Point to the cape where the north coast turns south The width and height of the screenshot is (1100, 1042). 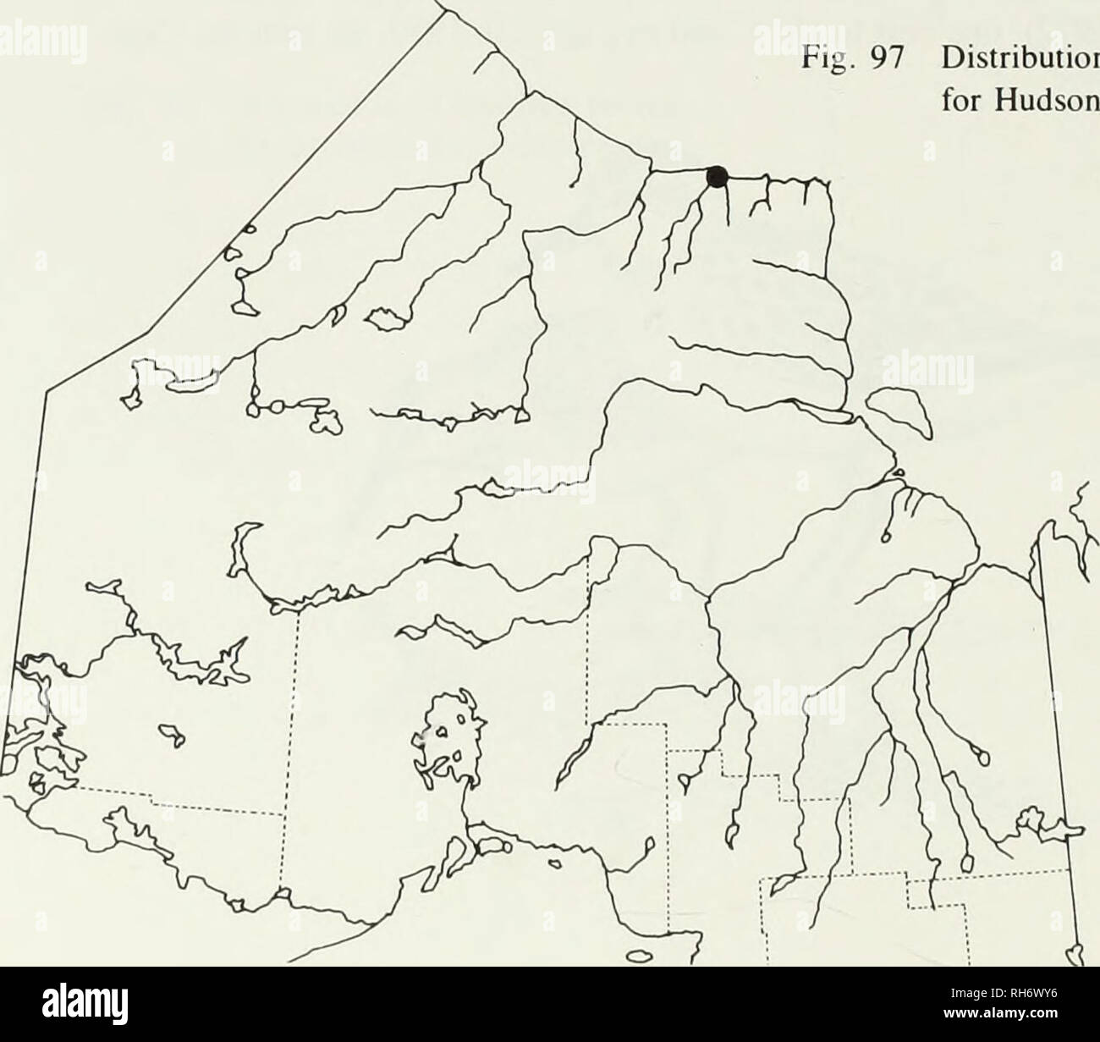(826, 182)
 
